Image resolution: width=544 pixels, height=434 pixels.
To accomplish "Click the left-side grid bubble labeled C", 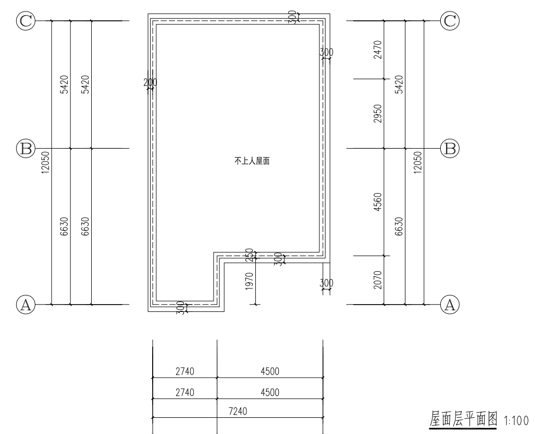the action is (26, 21).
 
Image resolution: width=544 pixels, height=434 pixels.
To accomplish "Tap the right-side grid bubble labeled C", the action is (450, 21).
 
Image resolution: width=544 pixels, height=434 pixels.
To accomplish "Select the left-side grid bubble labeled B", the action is (26, 149).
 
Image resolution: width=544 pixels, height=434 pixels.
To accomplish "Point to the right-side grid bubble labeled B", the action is (450, 149).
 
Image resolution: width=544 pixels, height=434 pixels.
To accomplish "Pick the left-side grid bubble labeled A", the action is (26, 305).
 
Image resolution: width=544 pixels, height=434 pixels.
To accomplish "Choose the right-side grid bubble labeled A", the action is (450, 305).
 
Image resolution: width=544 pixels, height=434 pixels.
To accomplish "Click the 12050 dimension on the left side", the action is (45, 163).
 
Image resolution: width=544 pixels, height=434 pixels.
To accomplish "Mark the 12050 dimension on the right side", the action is (418, 163).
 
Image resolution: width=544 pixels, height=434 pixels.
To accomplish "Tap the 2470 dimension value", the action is (378, 50).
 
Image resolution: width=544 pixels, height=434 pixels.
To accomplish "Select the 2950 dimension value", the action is (378, 114).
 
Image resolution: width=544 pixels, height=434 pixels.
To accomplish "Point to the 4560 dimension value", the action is (378, 202).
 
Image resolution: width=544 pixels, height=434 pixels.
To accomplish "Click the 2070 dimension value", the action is (378, 280).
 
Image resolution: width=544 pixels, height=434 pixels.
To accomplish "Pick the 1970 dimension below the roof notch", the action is (249, 281).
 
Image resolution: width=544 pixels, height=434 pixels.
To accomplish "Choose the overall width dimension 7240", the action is (238, 412).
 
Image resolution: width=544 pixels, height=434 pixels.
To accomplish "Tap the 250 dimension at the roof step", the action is (249, 255).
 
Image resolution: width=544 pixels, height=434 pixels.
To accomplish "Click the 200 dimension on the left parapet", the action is (150, 82).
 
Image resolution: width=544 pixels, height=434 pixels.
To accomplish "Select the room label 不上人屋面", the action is (252, 161).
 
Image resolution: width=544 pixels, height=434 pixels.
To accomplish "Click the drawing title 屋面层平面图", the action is (464, 419).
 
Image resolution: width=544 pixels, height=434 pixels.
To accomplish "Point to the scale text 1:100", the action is (516, 421).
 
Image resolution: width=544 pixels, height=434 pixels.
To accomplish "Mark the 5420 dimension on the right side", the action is (399, 85).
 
